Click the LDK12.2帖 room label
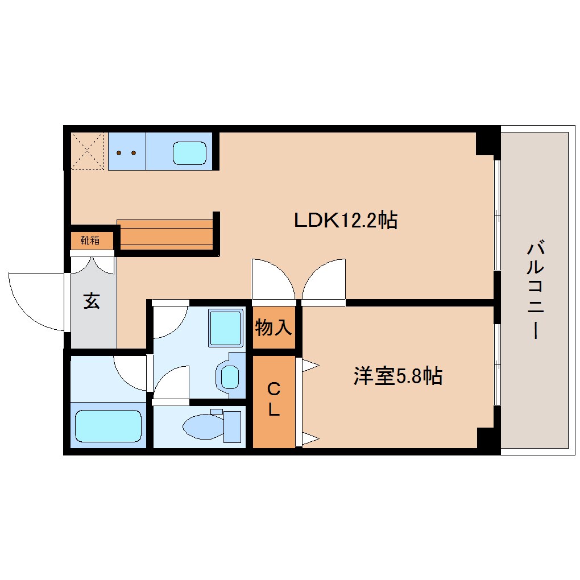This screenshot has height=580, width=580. (345, 219)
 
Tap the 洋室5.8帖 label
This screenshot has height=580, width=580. (397, 376)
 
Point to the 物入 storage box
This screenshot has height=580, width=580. (274, 328)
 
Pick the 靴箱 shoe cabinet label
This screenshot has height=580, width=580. (89, 240)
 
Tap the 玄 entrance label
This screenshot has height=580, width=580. (92, 301)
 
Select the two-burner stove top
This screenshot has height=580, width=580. (126, 152)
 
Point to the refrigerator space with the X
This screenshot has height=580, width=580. (88, 151)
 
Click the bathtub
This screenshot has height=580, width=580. (107, 426)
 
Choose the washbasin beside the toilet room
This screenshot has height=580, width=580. (230, 376)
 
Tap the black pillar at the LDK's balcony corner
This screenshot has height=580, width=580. (486, 142)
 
